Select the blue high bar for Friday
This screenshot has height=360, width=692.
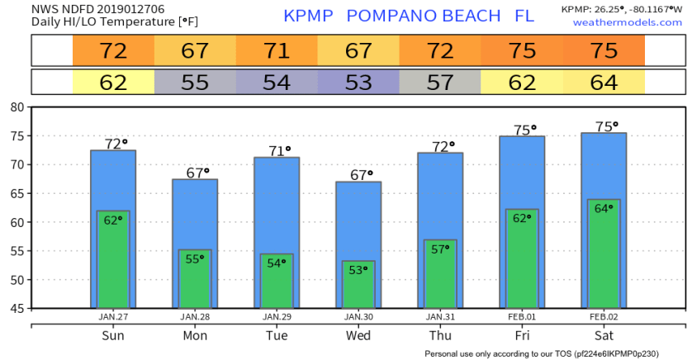pos(522,173)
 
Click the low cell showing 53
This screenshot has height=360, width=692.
pos(358,83)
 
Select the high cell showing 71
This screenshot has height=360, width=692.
pos(277,50)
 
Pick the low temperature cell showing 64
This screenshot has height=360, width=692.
pos(604,83)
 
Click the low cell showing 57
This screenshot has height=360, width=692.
pos(440,83)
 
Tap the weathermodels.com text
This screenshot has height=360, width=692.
pos(616,22)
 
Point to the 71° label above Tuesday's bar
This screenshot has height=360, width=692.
pos(278,151)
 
